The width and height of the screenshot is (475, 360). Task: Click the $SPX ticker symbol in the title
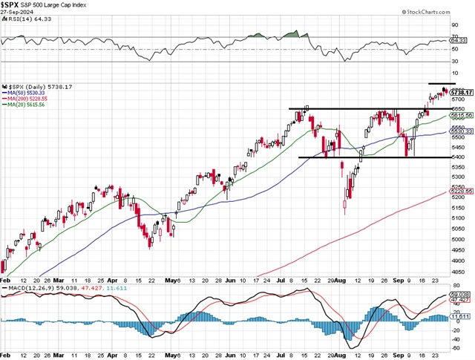[10, 5]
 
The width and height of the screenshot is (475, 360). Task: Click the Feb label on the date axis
[6, 355]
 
